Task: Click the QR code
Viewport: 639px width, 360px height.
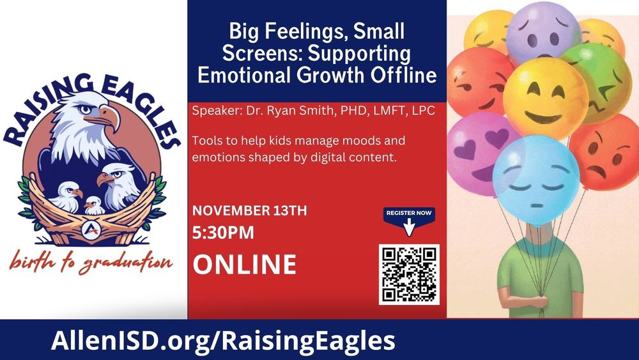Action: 409,274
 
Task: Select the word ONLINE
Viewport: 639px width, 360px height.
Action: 245,264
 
